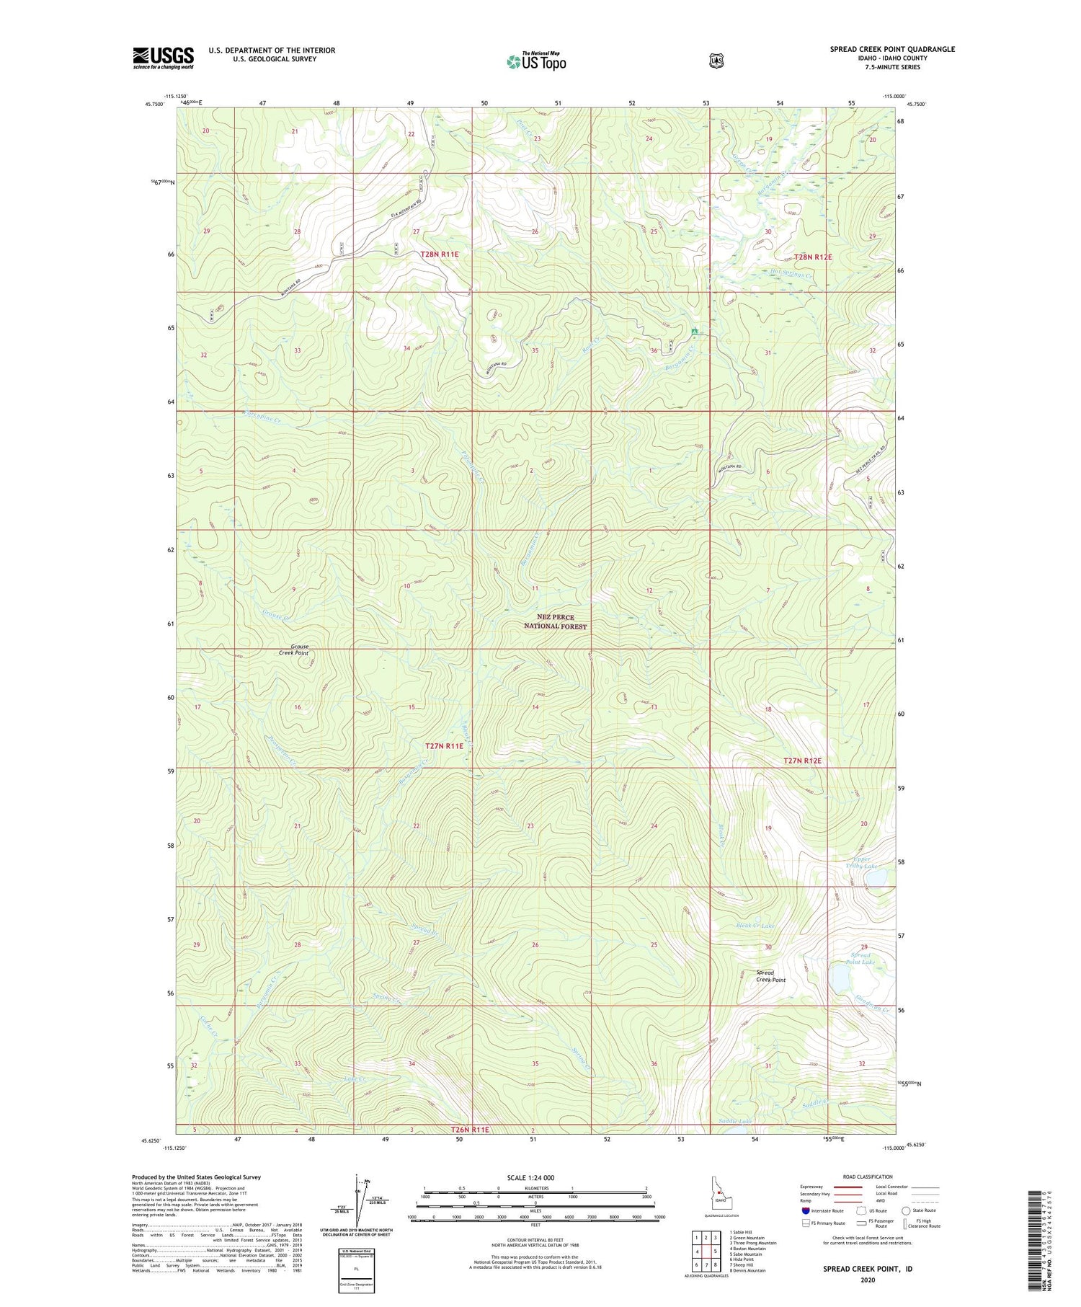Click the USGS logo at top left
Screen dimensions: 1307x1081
(x=163, y=58)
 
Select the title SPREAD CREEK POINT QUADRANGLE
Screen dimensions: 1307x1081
(x=892, y=49)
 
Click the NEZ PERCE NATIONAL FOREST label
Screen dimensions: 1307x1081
(x=555, y=622)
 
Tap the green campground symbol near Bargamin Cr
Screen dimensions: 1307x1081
(x=694, y=331)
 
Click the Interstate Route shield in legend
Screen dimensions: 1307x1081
(x=806, y=1210)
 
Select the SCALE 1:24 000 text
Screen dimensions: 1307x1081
(x=530, y=1178)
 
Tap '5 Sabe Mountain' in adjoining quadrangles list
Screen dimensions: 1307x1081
(x=746, y=1254)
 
